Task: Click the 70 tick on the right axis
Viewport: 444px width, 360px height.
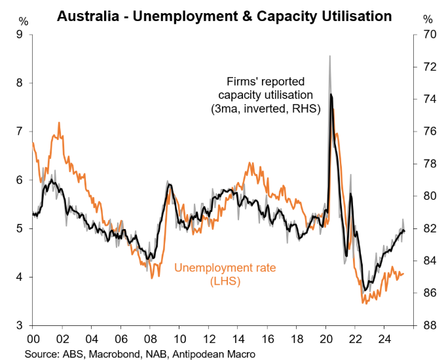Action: (x=428, y=35)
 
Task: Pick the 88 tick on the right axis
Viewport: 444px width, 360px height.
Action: (x=428, y=325)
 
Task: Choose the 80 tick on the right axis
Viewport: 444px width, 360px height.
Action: (x=428, y=196)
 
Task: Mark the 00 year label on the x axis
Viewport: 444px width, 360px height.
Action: (x=33, y=340)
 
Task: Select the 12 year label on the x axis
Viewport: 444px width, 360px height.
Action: (x=209, y=340)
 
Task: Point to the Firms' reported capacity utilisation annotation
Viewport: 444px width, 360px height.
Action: (x=265, y=96)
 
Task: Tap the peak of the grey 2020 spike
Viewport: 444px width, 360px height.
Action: (x=329, y=56)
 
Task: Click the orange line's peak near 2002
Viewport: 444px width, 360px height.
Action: (x=60, y=122)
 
